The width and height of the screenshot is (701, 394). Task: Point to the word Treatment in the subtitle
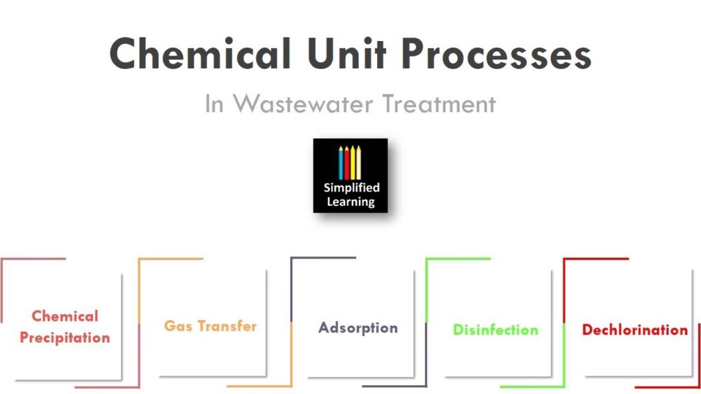click(438, 104)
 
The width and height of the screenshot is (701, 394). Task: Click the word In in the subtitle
click(214, 104)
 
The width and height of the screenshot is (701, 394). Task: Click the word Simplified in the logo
click(351, 187)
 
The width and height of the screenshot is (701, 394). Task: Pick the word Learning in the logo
click(351, 201)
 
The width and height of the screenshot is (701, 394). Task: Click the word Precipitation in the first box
click(64, 338)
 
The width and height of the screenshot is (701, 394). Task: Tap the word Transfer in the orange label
click(225, 326)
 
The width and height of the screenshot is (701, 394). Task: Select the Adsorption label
click(357, 328)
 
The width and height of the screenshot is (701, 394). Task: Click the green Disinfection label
click(495, 330)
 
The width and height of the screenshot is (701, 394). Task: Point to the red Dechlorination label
click(635, 330)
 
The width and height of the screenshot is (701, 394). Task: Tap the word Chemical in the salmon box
click(64, 316)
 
